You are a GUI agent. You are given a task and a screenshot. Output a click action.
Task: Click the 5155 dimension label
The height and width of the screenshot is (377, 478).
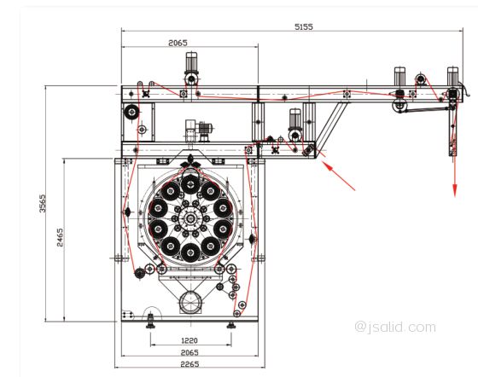[303, 26]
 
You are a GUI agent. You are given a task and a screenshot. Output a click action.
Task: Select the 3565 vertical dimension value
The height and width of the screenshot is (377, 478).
[43, 203]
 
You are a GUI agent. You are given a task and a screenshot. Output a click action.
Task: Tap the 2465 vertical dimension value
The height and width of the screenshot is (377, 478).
[60, 237]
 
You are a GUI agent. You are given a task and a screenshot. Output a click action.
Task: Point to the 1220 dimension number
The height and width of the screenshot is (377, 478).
[189, 340]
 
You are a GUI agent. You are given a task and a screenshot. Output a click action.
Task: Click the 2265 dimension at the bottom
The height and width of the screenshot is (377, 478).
[189, 364]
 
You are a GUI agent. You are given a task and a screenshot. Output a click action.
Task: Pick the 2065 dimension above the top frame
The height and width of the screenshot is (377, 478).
[178, 43]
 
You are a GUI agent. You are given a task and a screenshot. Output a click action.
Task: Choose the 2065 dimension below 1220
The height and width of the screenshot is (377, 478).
[189, 352]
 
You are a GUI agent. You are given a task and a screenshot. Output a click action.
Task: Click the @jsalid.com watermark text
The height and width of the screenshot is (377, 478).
[395, 327]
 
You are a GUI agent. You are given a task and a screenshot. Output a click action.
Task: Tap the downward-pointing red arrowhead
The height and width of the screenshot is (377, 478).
[455, 190]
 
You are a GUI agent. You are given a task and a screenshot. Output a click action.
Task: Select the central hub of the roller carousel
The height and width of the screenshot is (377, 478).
[190, 217]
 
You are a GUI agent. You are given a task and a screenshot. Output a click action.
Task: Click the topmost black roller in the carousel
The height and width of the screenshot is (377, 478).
[190, 184]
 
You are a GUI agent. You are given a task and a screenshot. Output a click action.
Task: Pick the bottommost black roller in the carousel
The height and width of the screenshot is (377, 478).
[190, 252]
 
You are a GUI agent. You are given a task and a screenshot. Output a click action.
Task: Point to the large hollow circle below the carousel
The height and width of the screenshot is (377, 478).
[190, 302]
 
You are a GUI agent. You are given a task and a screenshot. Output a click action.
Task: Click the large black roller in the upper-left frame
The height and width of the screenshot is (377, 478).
[131, 112]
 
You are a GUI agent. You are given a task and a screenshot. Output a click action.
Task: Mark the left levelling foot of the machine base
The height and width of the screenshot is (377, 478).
[150, 322]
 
